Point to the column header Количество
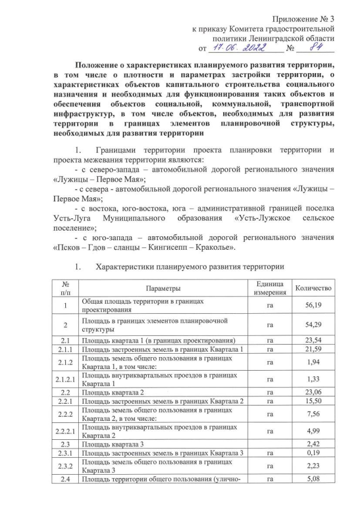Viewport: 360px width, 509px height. [x=314, y=288]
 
